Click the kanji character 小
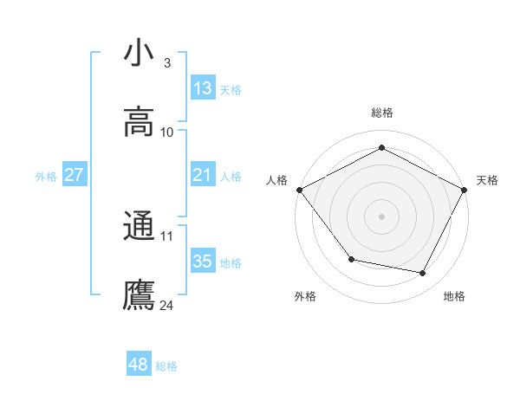click(139, 54)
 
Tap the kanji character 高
click(139, 123)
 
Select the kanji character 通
click(139, 226)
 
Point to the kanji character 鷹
click(139, 295)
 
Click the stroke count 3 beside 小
click(166, 63)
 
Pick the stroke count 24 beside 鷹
click(167, 305)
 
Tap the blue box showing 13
click(203, 87)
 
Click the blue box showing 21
click(203, 175)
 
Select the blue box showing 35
click(203, 262)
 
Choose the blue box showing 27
click(75, 175)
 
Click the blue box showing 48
click(139, 365)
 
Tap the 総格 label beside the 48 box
click(166, 366)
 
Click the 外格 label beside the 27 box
click(46, 177)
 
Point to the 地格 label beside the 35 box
click(231, 263)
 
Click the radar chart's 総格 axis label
click(382, 113)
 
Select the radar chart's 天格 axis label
click(487, 180)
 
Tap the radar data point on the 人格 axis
click(299, 190)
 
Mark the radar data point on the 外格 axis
click(351, 259)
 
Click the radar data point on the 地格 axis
click(423, 273)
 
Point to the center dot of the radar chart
click(382, 216)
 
